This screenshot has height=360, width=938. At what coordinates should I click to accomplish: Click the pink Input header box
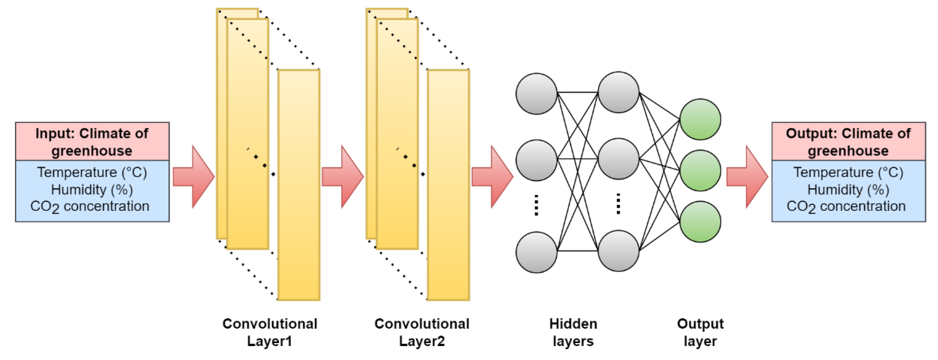(92, 142)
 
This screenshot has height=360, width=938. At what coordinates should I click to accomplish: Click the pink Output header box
(848, 142)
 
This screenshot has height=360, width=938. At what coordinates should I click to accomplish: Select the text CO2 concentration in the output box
(846, 206)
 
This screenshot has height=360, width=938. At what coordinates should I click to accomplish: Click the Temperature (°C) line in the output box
(848, 172)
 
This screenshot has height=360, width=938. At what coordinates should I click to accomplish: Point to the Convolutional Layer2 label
(422, 332)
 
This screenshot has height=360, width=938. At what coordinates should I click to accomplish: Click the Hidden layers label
(573, 332)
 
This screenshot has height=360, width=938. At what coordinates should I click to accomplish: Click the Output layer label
(700, 332)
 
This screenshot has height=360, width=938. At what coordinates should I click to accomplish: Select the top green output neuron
(700, 119)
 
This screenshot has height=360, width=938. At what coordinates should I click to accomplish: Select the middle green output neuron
(700, 170)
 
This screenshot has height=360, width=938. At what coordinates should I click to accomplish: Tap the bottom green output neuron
(700, 221)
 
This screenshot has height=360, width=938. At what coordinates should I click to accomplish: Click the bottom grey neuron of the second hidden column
(618, 251)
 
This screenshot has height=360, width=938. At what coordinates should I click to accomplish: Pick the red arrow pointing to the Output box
(747, 177)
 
